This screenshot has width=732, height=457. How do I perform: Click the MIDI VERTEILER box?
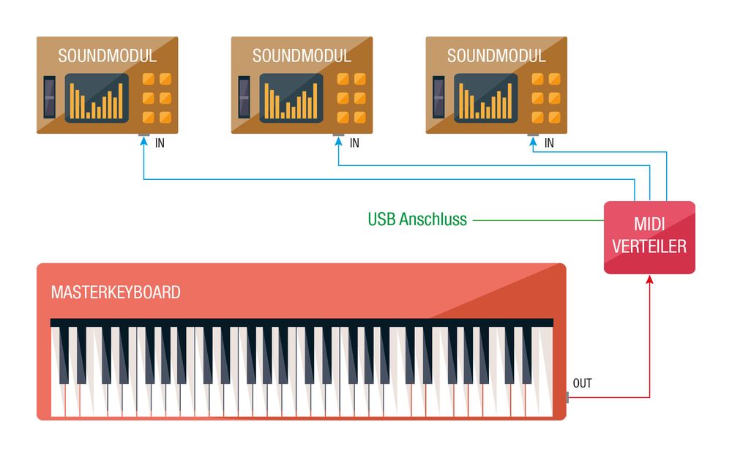click(649, 237)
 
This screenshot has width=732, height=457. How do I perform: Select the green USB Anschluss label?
click(417, 219)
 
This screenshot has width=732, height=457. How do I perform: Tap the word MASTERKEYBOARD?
click(116, 292)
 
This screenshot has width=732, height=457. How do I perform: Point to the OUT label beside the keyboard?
click(583, 383)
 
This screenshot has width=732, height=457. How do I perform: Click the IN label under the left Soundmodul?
click(160, 143)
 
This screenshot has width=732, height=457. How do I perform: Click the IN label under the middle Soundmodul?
click(355, 143)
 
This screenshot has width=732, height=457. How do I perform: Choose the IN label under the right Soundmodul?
click(549, 143)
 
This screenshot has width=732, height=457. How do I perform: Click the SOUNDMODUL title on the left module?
click(107, 56)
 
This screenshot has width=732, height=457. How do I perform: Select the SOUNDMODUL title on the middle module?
click(302, 56)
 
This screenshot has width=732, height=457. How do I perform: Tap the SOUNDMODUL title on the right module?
click(496, 56)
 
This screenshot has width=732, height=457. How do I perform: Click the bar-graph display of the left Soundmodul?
click(97, 98)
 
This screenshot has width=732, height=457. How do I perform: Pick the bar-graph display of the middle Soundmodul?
click(291, 98)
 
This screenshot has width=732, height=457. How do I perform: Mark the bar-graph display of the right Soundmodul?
click(486, 98)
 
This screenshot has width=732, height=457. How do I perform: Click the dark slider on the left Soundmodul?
click(49, 97)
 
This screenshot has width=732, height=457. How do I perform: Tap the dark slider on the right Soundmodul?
click(438, 97)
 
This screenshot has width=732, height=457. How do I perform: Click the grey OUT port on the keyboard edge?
click(567, 397)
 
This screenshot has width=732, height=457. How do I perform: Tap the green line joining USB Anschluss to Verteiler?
click(538, 219)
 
